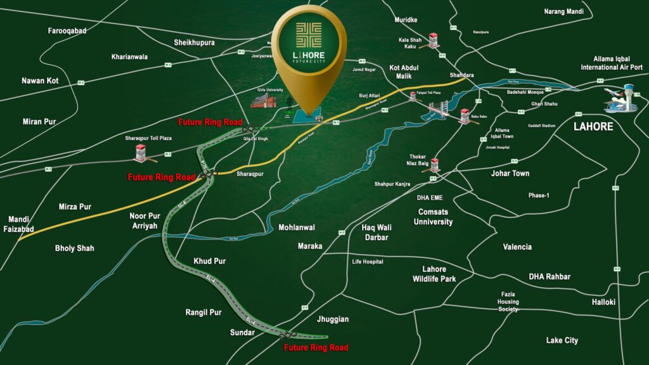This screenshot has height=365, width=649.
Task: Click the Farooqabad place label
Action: tap(67, 30)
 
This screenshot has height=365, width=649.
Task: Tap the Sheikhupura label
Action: tap(195, 42)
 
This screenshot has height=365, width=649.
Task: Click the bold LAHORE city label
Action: tap(593, 126)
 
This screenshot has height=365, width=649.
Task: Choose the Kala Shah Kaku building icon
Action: tap(434, 41)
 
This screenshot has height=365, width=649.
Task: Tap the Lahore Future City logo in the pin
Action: tap(309, 43)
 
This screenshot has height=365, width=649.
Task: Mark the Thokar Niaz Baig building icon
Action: tap(435, 165)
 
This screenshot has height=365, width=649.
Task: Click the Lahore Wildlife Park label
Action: tap(434, 274)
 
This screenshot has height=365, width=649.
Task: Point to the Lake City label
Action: tap(562, 340)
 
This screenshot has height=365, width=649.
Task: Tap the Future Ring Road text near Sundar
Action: tap(316, 348)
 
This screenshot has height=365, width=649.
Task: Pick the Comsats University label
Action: tap(433, 217)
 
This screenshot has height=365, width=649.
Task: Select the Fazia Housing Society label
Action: tap(508, 302)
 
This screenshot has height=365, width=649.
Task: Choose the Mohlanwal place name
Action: tap(297, 227)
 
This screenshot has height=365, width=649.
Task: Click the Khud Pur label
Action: tap(210, 261)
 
